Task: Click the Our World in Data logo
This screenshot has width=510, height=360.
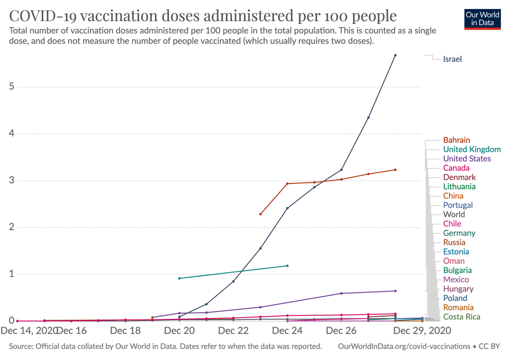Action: [482, 18]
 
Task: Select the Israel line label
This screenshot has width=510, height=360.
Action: [452, 59]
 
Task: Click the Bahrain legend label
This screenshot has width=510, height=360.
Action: [456, 140]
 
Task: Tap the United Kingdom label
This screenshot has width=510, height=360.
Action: [472, 149]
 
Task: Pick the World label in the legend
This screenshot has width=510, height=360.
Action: [454, 214]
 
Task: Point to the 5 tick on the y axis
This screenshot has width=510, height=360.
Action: [12, 87]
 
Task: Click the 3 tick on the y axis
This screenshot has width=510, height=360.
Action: [12, 181]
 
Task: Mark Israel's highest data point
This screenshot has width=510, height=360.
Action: [395, 55]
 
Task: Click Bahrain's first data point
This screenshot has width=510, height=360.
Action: [260, 214]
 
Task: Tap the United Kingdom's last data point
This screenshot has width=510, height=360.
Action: [288, 266]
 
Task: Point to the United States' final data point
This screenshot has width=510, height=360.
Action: [395, 291]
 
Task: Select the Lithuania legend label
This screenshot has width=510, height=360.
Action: [459, 186]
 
